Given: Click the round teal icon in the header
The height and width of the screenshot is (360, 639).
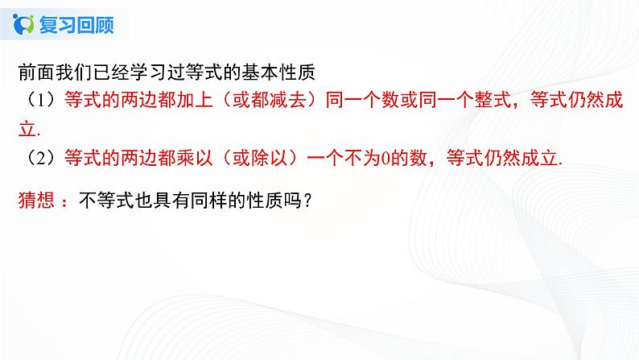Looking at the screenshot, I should point(25,24).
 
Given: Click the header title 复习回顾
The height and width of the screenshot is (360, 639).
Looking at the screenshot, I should point(75,24).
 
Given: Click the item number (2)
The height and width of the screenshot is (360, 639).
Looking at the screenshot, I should point(35,159).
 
